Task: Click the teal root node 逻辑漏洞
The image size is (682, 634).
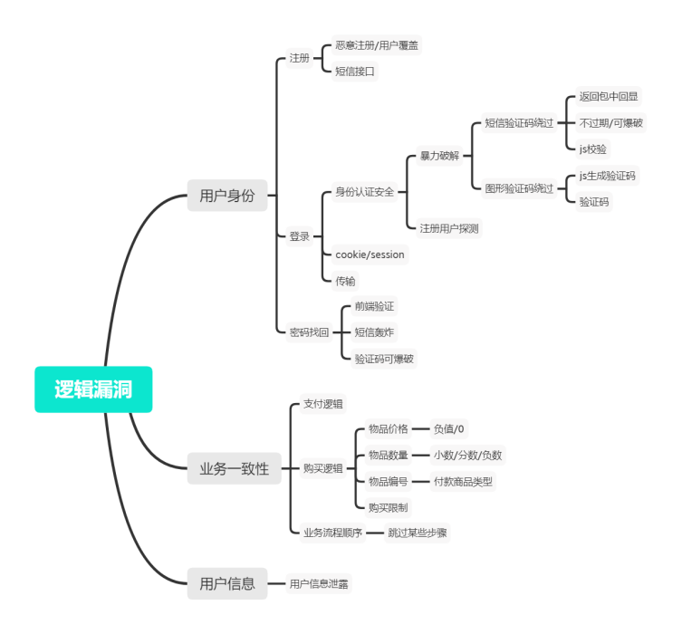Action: tap(93, 389)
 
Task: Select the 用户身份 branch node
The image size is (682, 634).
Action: tap(227, 196)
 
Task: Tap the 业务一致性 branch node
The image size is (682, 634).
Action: tap(235, 469)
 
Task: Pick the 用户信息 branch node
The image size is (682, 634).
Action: tap(227, 583)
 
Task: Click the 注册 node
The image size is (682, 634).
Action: tap(299, 59)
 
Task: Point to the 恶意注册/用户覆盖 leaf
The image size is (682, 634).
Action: tap(377, 44)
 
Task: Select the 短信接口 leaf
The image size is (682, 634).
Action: tap(355, 71)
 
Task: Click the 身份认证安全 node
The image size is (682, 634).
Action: tap(365, 192)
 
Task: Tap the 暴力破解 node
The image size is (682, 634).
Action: tap(439, 156)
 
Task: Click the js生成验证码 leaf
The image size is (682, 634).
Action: tap(608, 176)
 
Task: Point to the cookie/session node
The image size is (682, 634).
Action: tap(370, 255)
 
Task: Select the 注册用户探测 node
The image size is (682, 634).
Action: tap(448, 228)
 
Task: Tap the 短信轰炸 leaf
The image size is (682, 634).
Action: tap(374, 332)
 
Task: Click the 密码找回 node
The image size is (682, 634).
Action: tap(309, 332)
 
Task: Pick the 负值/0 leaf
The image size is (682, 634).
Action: tap(449, 428)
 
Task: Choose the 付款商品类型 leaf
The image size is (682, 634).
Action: tap(463, 482)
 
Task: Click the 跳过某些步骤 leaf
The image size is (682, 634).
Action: tap(418, 533)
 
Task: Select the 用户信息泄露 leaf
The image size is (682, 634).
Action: tap(319, 584)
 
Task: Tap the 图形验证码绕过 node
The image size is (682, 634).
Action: tap(519, 188)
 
